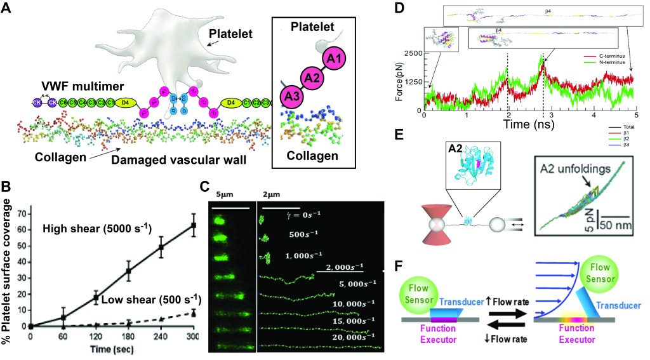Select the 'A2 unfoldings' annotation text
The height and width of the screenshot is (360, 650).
click(568, 170)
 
